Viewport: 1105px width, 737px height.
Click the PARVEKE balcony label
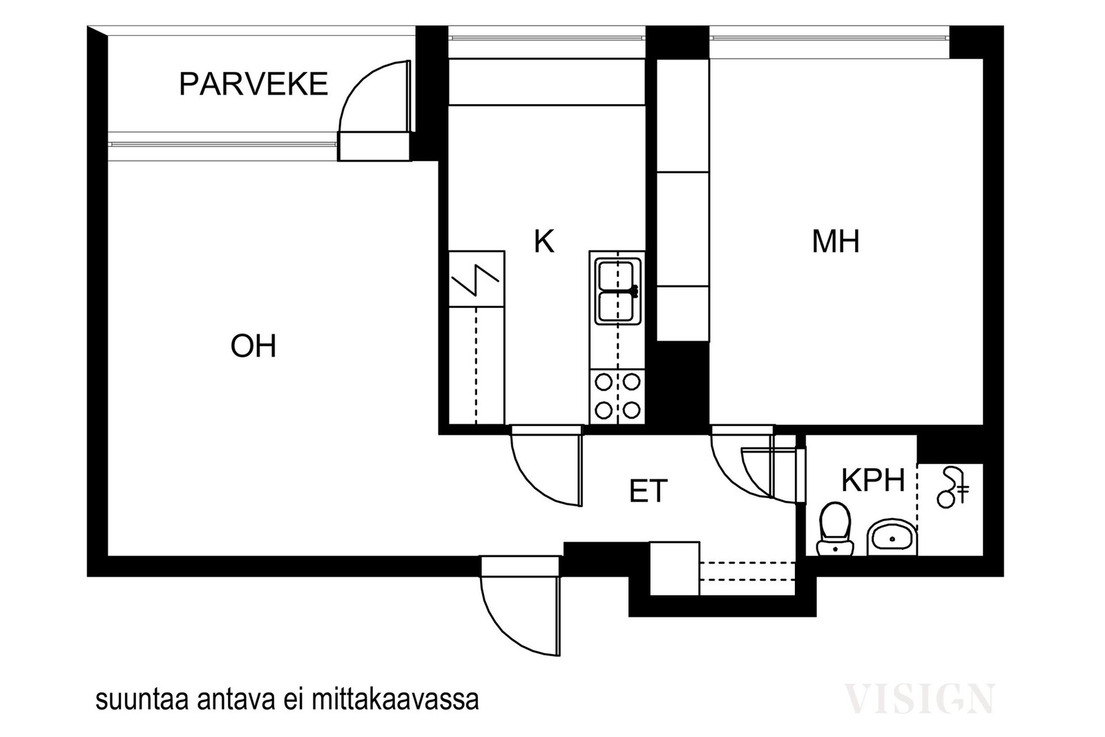[x=253, y=84]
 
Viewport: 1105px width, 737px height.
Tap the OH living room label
[x=253, y=346]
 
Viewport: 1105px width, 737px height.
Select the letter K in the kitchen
[x=544, y=241]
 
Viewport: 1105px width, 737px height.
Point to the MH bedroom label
[x=836, y=241]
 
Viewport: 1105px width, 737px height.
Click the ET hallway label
[x=648, y=490]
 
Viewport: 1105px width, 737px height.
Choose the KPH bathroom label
[x=873, y=480]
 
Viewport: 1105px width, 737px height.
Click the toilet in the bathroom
[x=835, y=529]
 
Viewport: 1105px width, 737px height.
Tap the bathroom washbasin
[x=892, y=537]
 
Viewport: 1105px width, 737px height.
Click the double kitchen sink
[x=617, y=291]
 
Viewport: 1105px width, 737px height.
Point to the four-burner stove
[x=617, y=396]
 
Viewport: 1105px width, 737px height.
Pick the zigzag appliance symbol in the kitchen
[x=476, y=280]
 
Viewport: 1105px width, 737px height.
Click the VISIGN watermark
[x=919, y=699]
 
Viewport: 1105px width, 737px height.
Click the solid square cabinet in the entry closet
[x=674, y=568]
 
